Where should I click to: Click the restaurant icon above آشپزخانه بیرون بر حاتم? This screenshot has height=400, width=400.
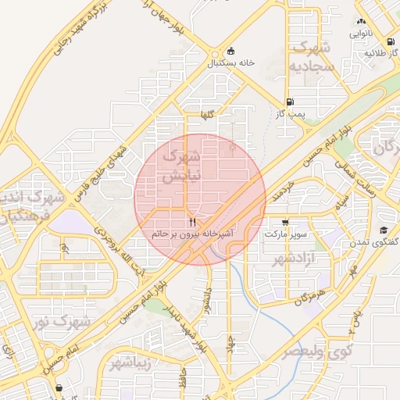click(192, 221)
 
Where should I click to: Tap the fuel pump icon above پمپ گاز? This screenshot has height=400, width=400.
click(291, 102)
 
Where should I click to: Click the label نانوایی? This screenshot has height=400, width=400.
click(360, 34)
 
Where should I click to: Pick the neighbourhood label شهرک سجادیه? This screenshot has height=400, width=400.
click(312, 57)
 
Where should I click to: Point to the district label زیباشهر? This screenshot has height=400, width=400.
click(128, 363)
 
